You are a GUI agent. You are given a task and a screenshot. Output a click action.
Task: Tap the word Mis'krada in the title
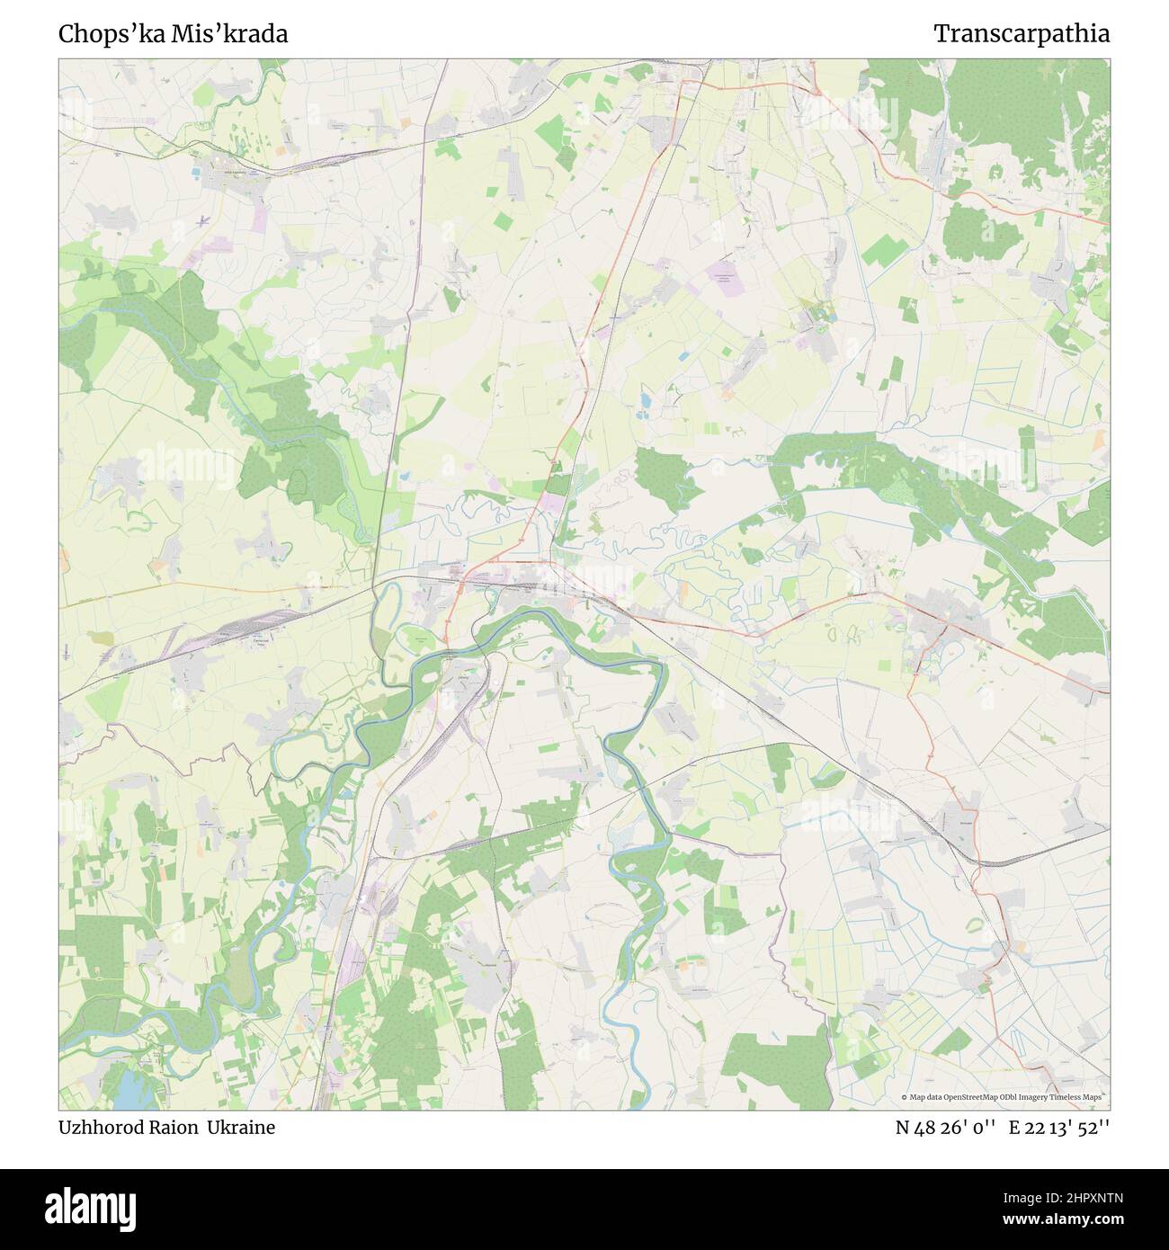246,34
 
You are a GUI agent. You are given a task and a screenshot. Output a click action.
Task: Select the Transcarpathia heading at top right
1022,34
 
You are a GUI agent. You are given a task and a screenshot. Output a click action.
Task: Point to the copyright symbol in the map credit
904,1097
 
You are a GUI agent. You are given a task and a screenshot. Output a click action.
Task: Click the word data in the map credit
934,1097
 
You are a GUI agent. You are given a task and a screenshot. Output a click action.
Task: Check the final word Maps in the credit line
1092,1097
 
